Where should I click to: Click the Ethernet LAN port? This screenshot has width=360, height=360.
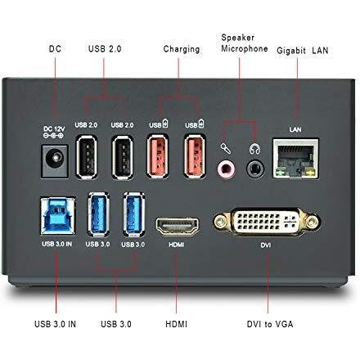(x=295, y=158)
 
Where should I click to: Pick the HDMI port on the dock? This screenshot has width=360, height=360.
(x=178, y=227)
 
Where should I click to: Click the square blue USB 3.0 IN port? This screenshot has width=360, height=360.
(x=58, y=216)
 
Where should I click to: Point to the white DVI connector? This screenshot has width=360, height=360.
(x=267, y=221)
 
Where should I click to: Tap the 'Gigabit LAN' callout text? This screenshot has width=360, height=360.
(x=302, y=51)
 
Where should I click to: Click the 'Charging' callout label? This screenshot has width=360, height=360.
(x=182, y=49)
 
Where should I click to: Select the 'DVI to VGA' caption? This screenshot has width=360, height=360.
(x=270, y=324)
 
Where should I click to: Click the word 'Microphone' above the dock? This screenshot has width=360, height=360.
(x=245, y=48)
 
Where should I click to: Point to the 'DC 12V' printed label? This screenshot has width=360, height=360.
(x=54, y=128)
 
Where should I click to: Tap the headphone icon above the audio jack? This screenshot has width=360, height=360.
(x=254, y=149)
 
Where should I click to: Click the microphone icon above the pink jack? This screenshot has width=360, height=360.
(x=226, y=149)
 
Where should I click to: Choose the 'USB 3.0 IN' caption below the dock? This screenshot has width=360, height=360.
(x=55, y=324)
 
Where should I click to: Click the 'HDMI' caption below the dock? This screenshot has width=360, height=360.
(x=176, y=324)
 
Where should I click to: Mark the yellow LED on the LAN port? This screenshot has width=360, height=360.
(x=310, y=173)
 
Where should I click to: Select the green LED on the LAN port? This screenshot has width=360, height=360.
(x=280, y=173)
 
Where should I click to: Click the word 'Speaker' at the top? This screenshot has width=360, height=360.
(x=237, y=38)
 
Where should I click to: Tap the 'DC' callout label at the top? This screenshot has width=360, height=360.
(x=55, y=49)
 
